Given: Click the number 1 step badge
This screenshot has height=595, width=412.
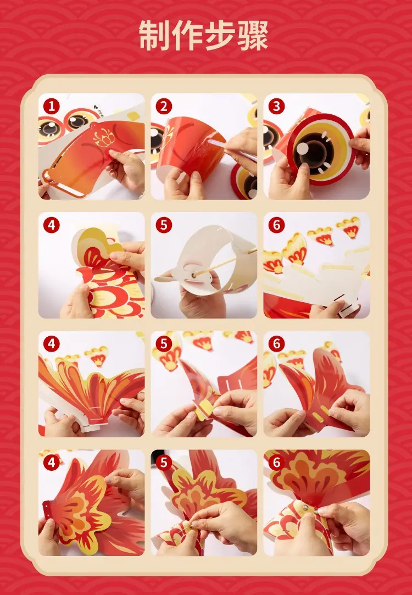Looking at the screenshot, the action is pyautogui.click(x=51, y=107).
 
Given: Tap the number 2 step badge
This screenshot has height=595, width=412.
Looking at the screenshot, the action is pyautogui.click(x=164, y=107).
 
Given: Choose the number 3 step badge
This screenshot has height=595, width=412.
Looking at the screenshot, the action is pyautogui.click(x=276, y=107).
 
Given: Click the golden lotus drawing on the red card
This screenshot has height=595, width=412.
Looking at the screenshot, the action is pyautogui.click(x=104, y=137).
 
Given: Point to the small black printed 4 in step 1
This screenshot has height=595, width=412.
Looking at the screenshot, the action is pyautogui.click(x=96, y=107).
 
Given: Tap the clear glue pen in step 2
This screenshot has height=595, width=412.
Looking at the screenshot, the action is pyautogui.click(x=227, y=148).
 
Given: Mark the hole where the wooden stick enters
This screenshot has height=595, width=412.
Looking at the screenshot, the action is pyautogui.click(x=194, y=274).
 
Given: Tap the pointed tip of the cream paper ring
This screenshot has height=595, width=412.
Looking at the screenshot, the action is pyautogui.click(x=156, y=279).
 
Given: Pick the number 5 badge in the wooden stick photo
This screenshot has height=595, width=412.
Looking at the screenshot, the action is pyautogui.click(x=164, y=225).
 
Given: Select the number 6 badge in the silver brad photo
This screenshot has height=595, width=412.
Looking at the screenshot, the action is pyautogui.click(x=276, y=463).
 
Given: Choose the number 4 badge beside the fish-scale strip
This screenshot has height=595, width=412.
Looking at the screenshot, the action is pyautogui.click(x=51, y=225).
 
